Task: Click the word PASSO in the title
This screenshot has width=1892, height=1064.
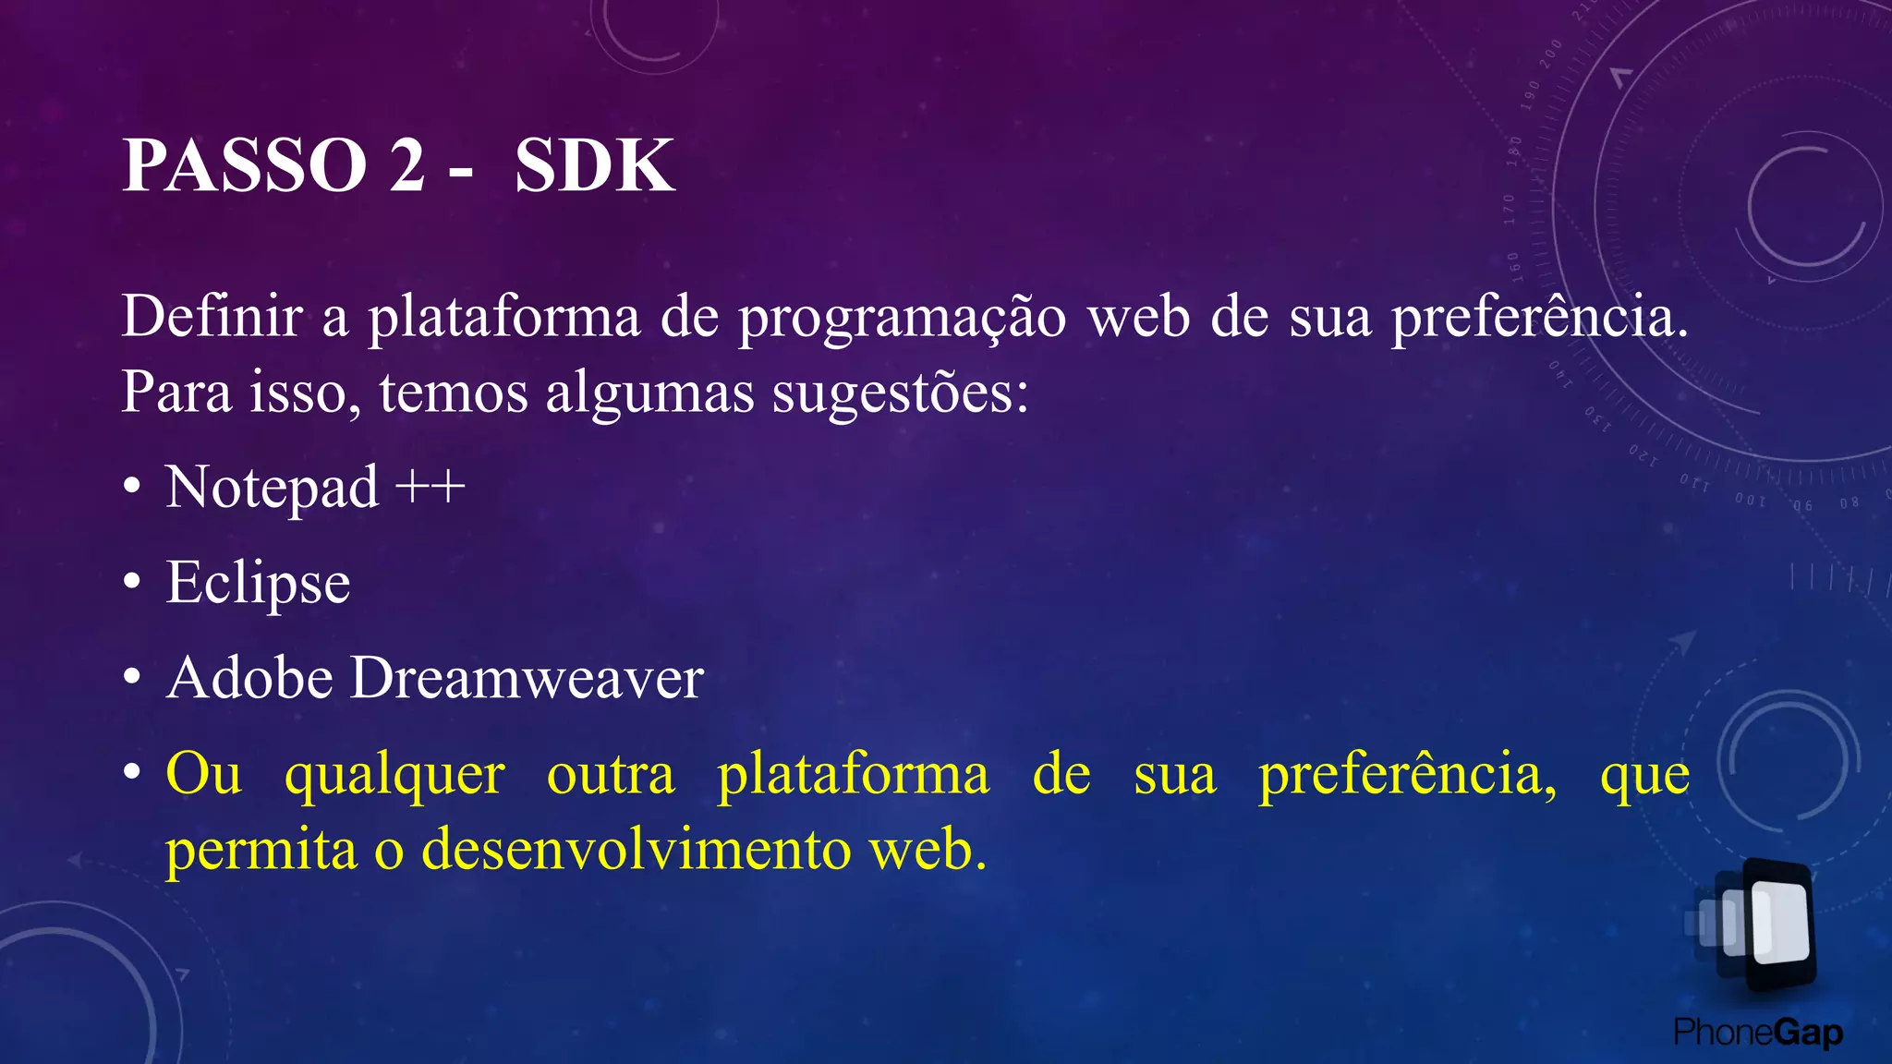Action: [x=245, y=166]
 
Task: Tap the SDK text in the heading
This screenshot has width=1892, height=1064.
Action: [x=594, y=166]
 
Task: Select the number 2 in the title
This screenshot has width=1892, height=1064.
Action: [x=406, y=166]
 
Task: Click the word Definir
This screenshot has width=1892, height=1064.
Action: [x=212, y=317]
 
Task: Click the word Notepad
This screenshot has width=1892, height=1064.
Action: [x=272, y=487]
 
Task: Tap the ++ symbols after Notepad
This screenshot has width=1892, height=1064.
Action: [x=430, y=487]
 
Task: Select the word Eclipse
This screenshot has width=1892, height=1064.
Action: [x=258, y=584]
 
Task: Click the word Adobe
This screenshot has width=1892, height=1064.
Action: [x=249, y=678]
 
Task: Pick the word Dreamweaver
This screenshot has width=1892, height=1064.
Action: [x=527, y=678]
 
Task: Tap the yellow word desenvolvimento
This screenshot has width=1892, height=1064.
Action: [x=637, y=850]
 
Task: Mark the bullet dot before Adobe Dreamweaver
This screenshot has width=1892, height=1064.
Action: [x=132, y=679]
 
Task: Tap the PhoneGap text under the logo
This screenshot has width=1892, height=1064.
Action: [x=1758, y=1032]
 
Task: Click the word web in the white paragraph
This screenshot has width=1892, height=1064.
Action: [x=1138, y=317]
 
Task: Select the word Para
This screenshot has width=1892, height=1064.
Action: [x=176, y=393]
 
